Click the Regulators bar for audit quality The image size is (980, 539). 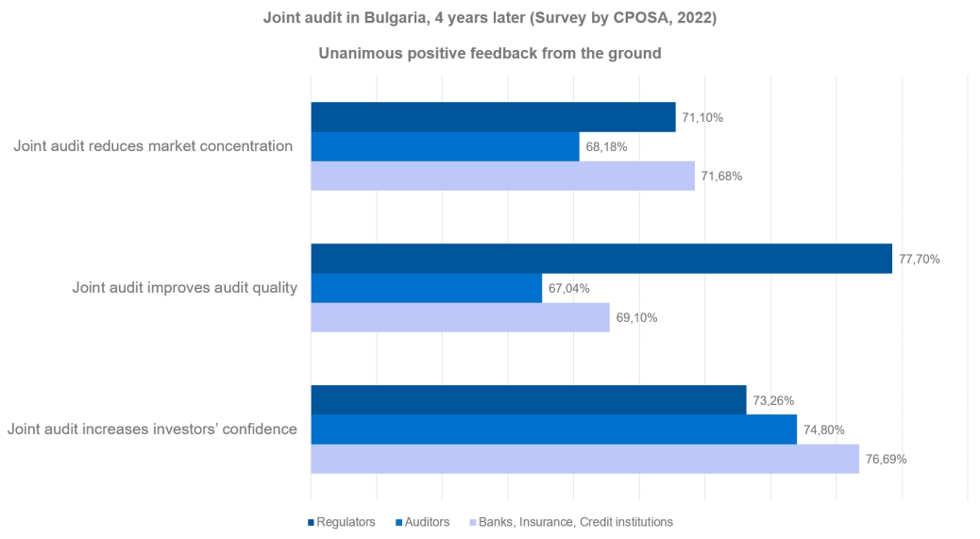[x=600, y=259]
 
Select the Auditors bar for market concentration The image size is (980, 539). [x=445, y=146]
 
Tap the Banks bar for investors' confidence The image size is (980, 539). [x=584, y=459]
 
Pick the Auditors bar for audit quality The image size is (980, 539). [x=426, y=288]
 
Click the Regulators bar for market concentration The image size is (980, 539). [x=493, y=117]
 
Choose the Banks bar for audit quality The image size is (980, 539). [x=460, y=317]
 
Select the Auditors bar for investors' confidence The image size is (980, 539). [x=553, y=430]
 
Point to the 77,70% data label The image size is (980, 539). [x=919, y=259]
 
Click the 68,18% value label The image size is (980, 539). [x=606, y=146]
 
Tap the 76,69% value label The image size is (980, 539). [x=886, y=460]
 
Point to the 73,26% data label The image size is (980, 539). [x=773, y=400]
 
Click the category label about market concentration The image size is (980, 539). [x=153, y=146]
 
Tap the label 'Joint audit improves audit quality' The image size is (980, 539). [x=184, y=288]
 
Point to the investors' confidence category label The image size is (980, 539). [x=152, y=430]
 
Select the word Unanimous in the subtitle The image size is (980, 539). [x=354, y=54]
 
